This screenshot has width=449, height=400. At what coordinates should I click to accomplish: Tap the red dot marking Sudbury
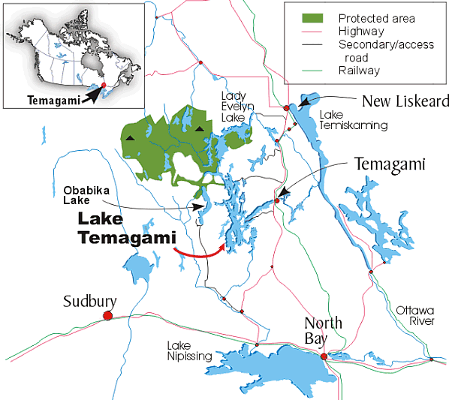point(107,316)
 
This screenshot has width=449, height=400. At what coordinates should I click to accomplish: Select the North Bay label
point(323,331)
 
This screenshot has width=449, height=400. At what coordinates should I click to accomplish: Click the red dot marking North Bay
point(324,356)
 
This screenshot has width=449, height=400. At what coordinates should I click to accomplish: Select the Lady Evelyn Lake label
point(237,107)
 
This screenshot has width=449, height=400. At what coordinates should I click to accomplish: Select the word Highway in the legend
point(360,32)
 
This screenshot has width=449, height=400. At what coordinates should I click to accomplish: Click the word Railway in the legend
point(359,71)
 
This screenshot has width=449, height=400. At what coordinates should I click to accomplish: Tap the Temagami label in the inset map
point(50,98)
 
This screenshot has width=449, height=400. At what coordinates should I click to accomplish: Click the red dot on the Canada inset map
point(104,86)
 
